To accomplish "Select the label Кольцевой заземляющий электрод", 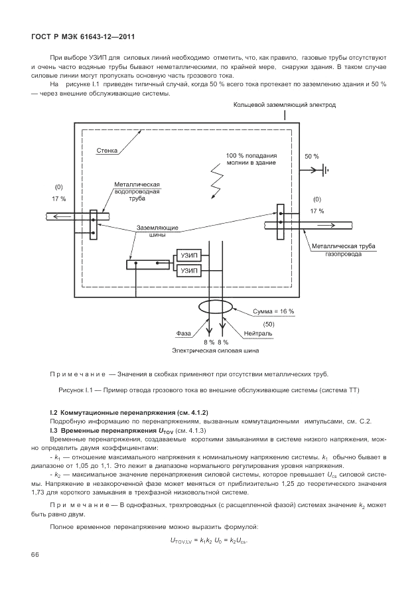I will pyautogui.click(x=285, y=106).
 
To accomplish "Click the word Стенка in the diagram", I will pyautogui.click(x=106, y=151).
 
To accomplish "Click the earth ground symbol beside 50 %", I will pyautogui.click(x=326, y=169).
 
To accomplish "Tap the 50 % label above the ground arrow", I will pyautogui.click(x=311, y=157).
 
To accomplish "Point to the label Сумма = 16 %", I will pyautogui.click(x=274, y=311).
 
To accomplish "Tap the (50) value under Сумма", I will pyautogui.click(x=269, y=323).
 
